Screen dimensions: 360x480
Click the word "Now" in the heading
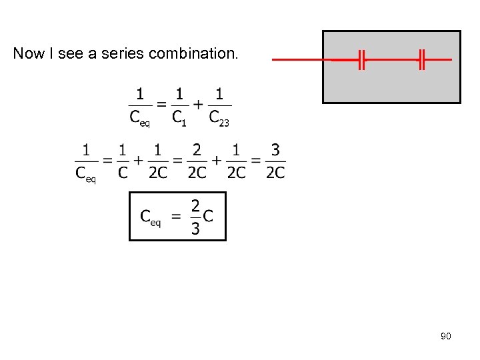click(27, 54)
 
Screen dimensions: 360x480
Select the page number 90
click(446, 336)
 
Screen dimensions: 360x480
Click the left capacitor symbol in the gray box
click(361, 59)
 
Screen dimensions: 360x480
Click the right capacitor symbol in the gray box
click(421, 59)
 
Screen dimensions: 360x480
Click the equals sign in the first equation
click(161, 105)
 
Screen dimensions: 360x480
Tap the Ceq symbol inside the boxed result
click(150, 217)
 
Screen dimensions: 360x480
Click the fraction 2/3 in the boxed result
click(195, 217)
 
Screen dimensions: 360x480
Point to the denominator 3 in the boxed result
click(195, 229)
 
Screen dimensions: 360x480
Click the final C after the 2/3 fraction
click(209, 217)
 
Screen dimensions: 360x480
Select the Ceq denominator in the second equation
click(85, 175)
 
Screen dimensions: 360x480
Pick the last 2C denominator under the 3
click(275, 173)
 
